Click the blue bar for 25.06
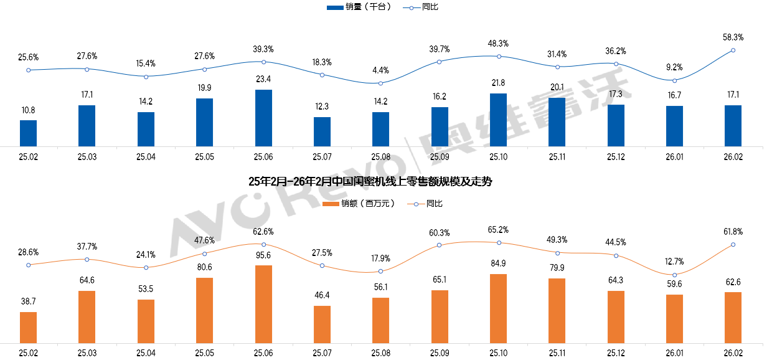(263, 118)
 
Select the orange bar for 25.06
(263, 304)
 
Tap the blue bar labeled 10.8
(28, 133)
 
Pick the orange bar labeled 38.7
(28, 327)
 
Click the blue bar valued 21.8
(498, 120)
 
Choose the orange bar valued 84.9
(498, 308)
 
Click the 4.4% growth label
(380, 70)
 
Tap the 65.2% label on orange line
(498, 229)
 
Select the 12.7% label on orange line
(674, 261)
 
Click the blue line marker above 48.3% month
(498, 57)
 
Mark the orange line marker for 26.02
(733, 244)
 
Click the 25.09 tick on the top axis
(440, 158)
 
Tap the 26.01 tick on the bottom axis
(674, 353)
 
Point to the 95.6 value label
(263, 255)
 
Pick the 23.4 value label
(263, 79)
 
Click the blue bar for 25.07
(322, 132)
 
